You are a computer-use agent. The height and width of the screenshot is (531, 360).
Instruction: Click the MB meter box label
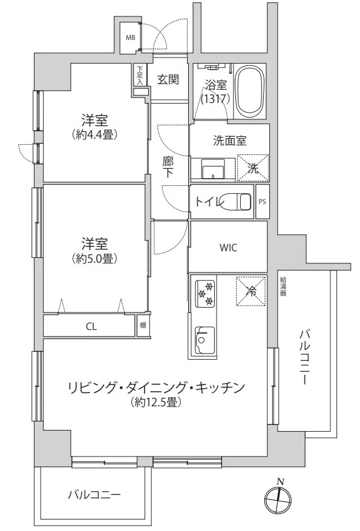(131, 38)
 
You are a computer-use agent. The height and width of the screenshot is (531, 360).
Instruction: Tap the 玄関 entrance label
(168, 79)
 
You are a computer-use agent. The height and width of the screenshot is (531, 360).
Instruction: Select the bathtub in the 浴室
(250, 91)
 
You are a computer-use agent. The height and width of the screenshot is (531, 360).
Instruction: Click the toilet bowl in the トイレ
(240, 202)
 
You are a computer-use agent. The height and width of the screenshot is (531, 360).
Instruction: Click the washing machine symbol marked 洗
(253, 168)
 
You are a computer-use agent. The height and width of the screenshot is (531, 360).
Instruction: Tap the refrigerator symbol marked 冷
(251, 291)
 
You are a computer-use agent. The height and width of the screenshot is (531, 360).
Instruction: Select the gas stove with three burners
(205, 293)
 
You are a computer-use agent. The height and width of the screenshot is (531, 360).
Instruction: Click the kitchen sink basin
(205, 340)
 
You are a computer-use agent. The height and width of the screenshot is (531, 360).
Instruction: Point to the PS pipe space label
(262, 202)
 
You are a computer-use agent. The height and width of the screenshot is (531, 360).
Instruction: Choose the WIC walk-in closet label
(228, 248)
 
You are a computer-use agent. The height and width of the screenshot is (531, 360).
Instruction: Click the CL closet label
(91, 326)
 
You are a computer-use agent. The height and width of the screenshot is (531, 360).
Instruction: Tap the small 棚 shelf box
(143, 325)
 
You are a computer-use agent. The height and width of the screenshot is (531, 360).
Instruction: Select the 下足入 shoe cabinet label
(140, 75)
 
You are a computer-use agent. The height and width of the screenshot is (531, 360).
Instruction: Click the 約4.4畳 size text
(95, 135)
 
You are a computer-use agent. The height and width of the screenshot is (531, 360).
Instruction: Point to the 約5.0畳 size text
(95, 259)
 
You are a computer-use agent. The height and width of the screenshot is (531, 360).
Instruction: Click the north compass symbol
(278, 499)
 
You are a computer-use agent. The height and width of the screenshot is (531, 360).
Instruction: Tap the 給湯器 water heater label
(283, 287)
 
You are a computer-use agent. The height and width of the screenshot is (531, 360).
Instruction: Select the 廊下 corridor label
(168, 168)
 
